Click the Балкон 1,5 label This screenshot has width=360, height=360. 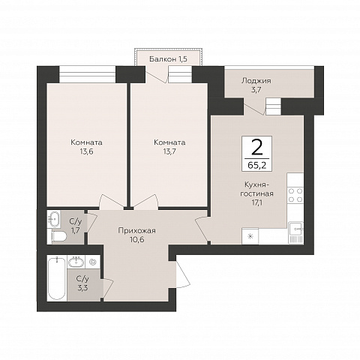[x=168, y=59]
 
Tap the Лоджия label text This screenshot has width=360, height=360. [x=256, y=81]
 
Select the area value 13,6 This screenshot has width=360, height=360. [x=86, y=151]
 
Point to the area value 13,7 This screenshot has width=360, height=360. [x=169, y=151]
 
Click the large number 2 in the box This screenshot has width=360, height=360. [x=257, y=147]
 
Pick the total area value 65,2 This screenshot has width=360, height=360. [x=257, y=165]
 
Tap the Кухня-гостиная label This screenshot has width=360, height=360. [x=256, y=189]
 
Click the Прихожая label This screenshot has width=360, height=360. [x=137, y=230]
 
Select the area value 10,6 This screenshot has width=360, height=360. [x=137, y=240]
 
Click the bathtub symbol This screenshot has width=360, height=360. [x=57, y=278]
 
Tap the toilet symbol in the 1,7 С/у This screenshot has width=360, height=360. [x=58, y=236]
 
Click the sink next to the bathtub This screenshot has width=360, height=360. [x=76, y=262]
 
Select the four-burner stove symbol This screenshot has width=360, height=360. [x=295, y=195]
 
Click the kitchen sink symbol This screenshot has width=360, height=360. [x=295, y=232]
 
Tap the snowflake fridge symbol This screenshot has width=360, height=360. [x=250, y=236]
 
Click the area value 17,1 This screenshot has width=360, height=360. [x=256, y=202]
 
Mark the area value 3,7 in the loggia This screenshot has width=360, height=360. [x=256, y=90]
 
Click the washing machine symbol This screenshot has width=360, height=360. [x=93, y=262]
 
